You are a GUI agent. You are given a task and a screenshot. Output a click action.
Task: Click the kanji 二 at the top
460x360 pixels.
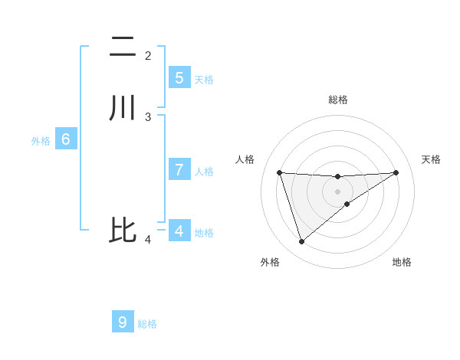coord(123,47)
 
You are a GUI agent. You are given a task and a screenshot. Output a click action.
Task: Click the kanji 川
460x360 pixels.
coord(123,107)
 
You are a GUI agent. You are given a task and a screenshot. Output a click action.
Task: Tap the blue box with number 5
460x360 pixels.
coord(179,77)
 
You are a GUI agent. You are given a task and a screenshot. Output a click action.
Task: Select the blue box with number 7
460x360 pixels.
coord(179,170)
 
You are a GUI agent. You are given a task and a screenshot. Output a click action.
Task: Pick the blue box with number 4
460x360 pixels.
coord(179,231)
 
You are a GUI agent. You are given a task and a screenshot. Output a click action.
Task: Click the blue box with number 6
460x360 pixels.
coord(65,139)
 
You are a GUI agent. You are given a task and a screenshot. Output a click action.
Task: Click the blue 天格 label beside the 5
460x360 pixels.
coord(204,79)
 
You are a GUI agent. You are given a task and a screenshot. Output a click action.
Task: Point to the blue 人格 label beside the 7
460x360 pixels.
coord(204,172)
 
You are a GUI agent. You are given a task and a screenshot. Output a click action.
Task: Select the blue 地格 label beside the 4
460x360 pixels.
coord(204,233)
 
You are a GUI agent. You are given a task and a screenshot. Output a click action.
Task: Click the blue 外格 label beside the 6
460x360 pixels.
coord(41,141)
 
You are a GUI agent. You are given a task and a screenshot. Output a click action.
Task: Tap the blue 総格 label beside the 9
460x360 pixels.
coord(147,324)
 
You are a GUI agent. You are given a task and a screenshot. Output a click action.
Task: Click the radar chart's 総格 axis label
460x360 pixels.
coord(337,100)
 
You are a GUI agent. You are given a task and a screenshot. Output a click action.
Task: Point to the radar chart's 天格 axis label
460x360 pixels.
coord(431,159)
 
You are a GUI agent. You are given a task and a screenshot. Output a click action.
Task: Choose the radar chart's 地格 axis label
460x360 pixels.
coord(402,262)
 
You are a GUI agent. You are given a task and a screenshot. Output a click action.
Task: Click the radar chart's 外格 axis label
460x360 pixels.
coord(270,262)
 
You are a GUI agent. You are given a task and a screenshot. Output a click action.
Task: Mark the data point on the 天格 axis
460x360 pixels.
coord(396,172)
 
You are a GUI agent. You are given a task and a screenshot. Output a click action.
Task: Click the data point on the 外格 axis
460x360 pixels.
coord(301,242)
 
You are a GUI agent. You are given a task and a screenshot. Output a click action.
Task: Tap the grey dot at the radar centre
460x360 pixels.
coord(337,191)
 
